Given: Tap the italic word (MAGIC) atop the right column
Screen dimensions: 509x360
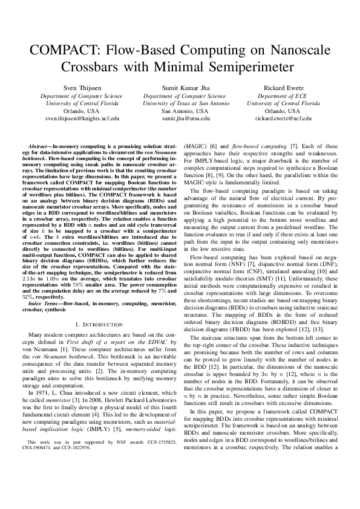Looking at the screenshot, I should [x=195, y=148].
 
